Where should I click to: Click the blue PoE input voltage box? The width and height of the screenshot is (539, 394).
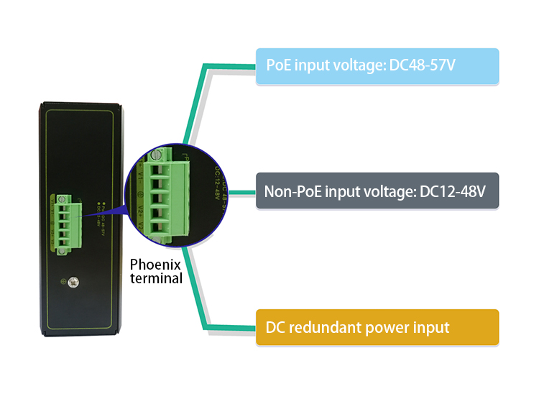pyautogui.click(x=377, y=66)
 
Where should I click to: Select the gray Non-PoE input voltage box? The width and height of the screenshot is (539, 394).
pyautogui.click(x=377, y=191)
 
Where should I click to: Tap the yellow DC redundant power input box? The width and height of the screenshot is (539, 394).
pyautogui.click(x=377, y=328)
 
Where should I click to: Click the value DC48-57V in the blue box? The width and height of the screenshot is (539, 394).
pyautogui.click(x=423, y=65)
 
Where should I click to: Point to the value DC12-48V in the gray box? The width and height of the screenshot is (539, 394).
pyautogui.click(x=453, y=191)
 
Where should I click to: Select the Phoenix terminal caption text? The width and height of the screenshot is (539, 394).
pyautogui.click(x=156, y=271)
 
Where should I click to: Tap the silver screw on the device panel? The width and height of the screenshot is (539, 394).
pyautogui.click(x=73, y=282)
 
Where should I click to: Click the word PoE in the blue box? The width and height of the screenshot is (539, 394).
pyautogui.click(x=277, y=65)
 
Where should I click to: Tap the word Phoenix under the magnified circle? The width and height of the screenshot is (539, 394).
pyautogui.click(x=156, y=265)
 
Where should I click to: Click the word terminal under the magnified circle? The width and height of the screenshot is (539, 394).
pyautogui.click(x=156, y=278)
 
